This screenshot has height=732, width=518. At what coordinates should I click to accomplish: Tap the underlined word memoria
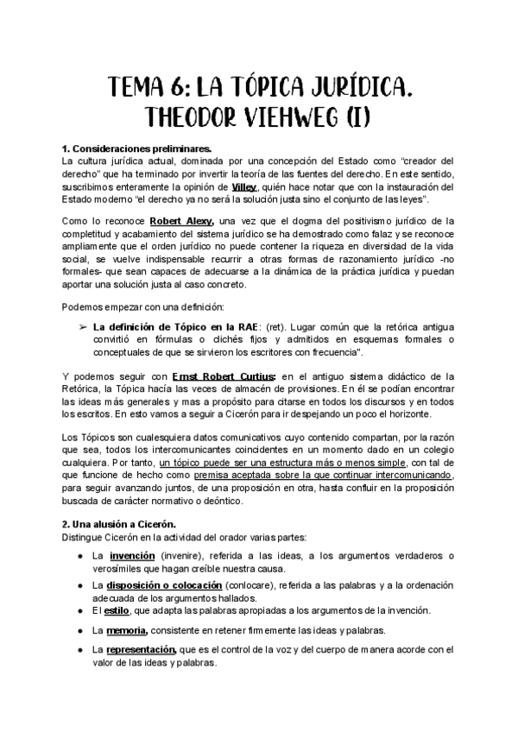point(128,630)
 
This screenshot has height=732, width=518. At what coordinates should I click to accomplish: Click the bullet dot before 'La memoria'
point(79,631)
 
